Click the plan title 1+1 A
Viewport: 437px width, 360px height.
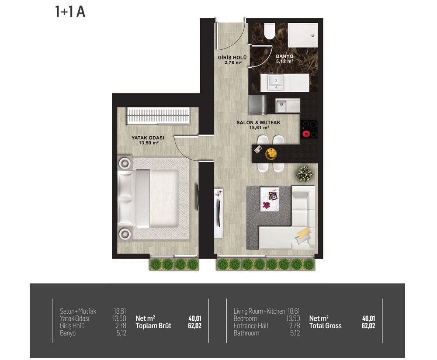70,12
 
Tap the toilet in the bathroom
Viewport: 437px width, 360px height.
269,31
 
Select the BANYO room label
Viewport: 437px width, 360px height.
284,56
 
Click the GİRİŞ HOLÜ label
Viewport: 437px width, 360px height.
232,58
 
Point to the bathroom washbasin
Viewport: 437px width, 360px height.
276,83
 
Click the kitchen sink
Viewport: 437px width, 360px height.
288,106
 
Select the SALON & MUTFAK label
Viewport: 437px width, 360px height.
258,122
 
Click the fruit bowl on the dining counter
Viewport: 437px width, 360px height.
271,154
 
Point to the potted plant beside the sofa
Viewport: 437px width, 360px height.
304,174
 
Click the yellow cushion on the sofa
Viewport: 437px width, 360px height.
304,233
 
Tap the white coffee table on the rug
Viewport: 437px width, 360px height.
269,199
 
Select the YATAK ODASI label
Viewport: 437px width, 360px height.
148,138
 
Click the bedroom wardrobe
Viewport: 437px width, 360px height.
158,116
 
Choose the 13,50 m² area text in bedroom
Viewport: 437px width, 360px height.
149,143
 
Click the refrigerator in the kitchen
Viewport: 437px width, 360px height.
257,105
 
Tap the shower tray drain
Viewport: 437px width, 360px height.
313,35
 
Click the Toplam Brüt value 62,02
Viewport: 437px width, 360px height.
194,326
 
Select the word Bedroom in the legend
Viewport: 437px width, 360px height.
245,318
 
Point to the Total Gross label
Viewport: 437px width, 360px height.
325,326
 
